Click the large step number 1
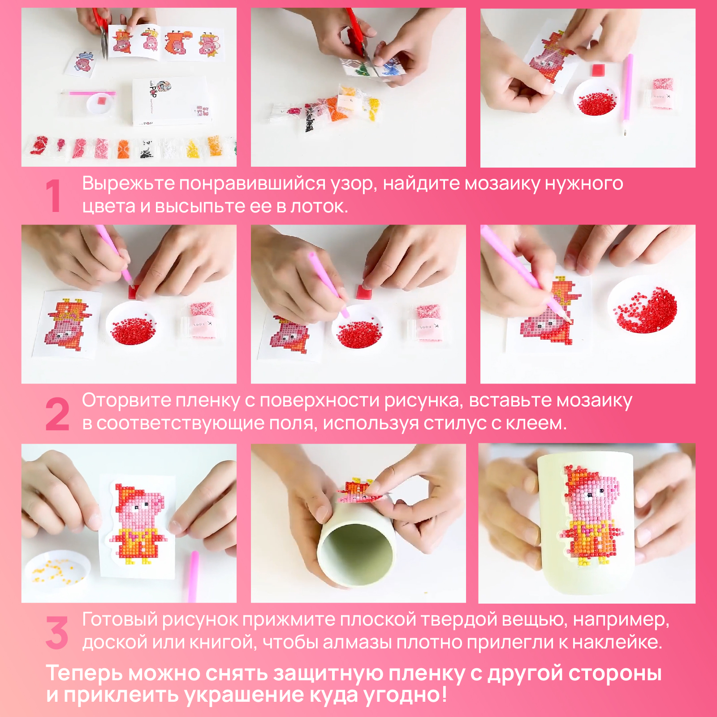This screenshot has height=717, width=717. click(x=54, y=196)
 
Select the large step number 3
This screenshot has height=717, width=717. click(x=57, y=632)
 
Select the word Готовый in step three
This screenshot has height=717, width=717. click(x=120, y=620)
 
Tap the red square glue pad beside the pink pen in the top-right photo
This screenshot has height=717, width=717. click(x=598, y=70)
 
